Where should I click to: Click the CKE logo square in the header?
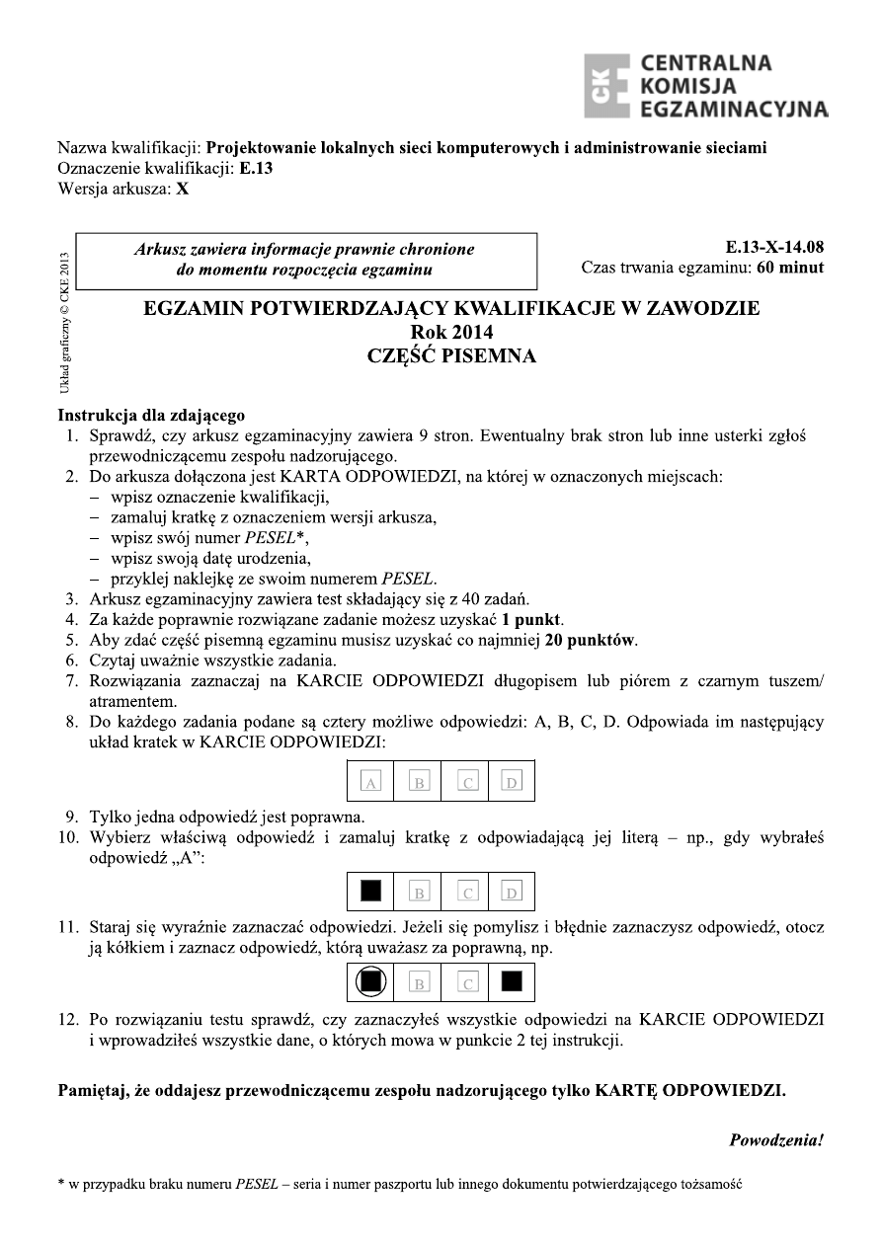pyautogui.click(x=607, y=86)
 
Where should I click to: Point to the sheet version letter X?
pyautogui.click(x=183, y=188)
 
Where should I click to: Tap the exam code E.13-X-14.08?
pyautogui.click(x=773, y=248)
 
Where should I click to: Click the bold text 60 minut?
pyautogui.click(x=789, y=268)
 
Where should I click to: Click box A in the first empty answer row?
pyautogui.click(x=371, y=782)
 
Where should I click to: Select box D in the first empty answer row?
pyautogui.click(x=512, y=782)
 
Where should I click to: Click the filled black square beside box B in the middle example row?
pyautogui.click(x=371, y=892)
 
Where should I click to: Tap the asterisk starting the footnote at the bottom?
pyautogui.click(x=61, y=1184)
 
